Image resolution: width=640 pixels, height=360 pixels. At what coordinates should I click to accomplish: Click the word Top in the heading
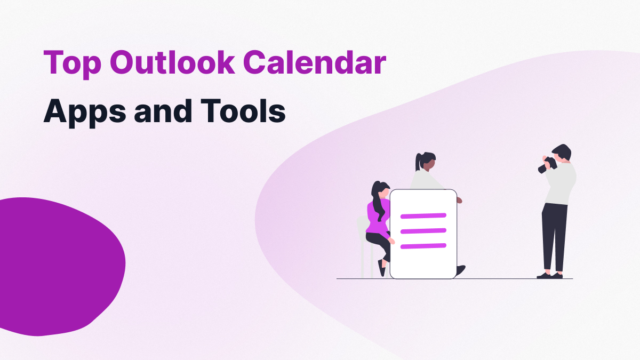[x=73, y=64]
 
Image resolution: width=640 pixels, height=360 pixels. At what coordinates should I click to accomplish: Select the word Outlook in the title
[x=172, y=62]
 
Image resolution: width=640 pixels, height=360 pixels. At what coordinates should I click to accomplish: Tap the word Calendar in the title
[x=315, y=62]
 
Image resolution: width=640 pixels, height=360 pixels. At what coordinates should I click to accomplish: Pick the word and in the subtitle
[x=163, y=110]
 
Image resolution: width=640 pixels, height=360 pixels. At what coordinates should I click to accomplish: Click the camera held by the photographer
[x=547, y=165]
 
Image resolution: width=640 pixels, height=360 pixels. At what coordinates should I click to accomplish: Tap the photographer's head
[x=562, y=153]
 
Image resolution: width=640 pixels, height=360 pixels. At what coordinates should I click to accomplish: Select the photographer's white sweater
[x=561, y=183]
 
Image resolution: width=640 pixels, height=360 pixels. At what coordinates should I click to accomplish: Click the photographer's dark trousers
[x=554, y=237]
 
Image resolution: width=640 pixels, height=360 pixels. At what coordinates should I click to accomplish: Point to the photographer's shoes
[x=550, y=276]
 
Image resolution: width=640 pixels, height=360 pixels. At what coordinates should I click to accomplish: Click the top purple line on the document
[x=423, y=215]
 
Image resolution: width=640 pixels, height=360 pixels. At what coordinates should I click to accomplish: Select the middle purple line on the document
[x=423, y=231]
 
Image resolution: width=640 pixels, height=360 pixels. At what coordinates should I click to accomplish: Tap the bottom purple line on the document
[x=423, y=246]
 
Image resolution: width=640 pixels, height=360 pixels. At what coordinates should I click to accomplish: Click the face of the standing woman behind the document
[x=429, y=165]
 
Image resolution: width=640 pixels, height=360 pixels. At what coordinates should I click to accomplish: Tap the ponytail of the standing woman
[x=418, y=162]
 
